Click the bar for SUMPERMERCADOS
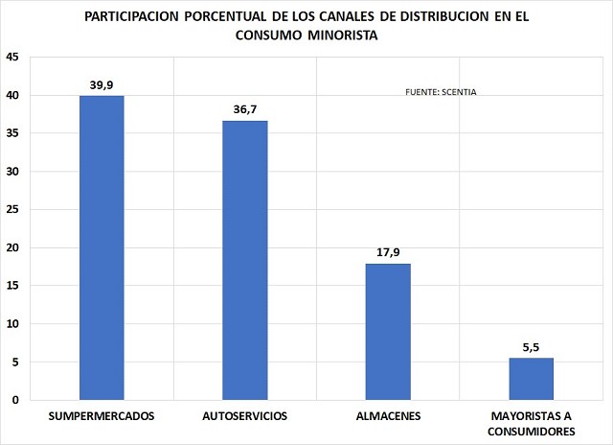102,247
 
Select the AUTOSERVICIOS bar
245,260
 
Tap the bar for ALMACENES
388,331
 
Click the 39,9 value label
102,84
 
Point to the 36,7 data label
245,109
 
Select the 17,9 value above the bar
388,252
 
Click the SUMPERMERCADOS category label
102,416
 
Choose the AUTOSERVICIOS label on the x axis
245,416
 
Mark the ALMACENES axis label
388,416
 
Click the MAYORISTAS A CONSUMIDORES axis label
532,424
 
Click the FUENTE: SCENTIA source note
443,93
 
